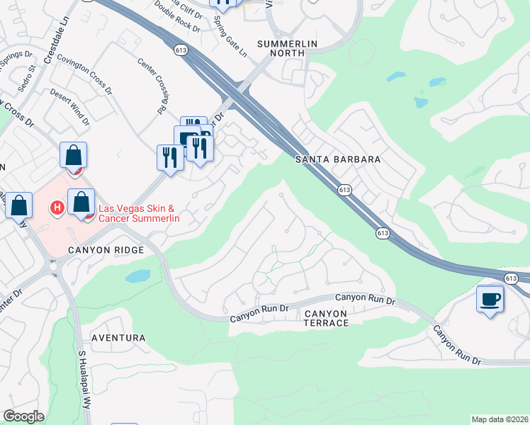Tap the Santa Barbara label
[x=338, y=160]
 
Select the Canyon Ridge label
[x=106, y=250]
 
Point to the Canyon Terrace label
[x=326, y=318]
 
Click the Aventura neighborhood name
[x=118, y=339]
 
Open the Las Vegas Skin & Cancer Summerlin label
[x=138, y=213]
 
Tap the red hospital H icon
[x=57, y=208]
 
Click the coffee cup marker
[x=490, y=298]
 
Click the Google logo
[x=23, y=416]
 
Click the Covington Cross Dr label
[x=85, y=75]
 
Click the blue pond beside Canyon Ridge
[x=137, y=276]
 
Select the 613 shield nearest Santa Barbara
[x=344, y=190]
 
